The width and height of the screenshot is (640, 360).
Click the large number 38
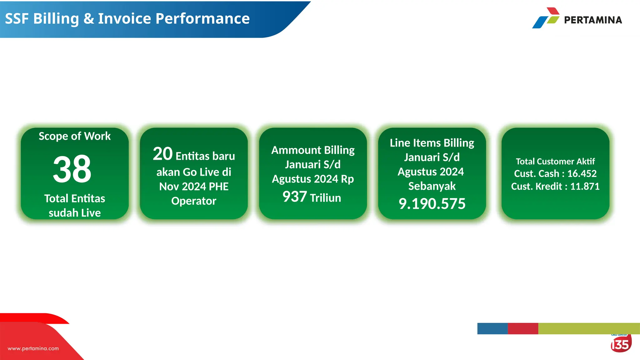pyautogui.click(x=72, y=169)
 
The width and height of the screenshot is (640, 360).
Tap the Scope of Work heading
pyautogui.click(x=75, y=136)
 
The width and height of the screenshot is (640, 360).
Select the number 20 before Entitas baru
pyautogui.click(x=162, y=154)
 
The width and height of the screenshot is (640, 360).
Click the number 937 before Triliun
pyautogui.click(x=294, y=197)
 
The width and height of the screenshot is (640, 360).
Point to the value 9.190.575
pyautogui.click(x=432, y=204)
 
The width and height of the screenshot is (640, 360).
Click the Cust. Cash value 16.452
pyautogui.click(x=582, y=173)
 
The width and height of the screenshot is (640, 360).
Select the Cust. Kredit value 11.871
pyautogui.click(x=585, y=187)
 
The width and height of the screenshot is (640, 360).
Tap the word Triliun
pyautogui.click(x=325, y=198)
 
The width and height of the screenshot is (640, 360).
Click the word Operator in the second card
pyautogui.click(x=194, y=201)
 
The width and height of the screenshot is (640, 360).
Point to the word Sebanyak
pyautogui.click(x=432, y=186)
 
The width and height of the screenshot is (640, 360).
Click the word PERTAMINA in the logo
pyautogui.click(x=593, y=20)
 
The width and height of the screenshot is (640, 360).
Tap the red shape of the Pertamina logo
pyautogui.click(x=553, y=11)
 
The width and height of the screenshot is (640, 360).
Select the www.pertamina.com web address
pyautogui.click(x=33, y=348)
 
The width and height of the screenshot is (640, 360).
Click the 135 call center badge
pyautogui.click(x=621, y=344)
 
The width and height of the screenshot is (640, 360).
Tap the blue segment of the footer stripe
pyautogui.click(x=492, y=328)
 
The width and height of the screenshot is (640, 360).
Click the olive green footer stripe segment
pyautogui.click(x=589, y=328)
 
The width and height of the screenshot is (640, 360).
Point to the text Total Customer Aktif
pyautogui.click(x=555, y=162)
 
